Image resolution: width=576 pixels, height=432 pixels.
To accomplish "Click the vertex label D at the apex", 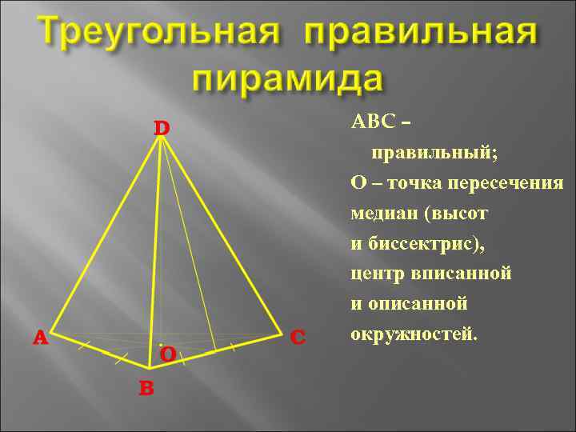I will [162, 128].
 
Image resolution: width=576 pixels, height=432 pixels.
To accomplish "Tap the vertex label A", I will [40, 338].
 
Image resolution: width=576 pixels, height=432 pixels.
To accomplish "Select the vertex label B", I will [146, 388].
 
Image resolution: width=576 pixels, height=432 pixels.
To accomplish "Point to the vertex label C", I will [298, 337].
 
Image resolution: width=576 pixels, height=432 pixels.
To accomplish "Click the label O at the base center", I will [167, 354].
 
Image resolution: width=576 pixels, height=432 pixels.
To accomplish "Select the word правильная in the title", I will [420, 34].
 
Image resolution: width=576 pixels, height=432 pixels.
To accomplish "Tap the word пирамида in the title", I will [288, 80].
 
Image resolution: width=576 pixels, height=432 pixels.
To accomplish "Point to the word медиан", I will [384, 214].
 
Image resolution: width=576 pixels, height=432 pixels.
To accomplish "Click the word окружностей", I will [413, 334].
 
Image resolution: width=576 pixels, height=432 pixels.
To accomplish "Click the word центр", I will [378, 274].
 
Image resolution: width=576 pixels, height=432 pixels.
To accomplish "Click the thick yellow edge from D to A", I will [106, 234].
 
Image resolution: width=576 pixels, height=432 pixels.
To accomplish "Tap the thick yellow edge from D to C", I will [222, 234].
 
